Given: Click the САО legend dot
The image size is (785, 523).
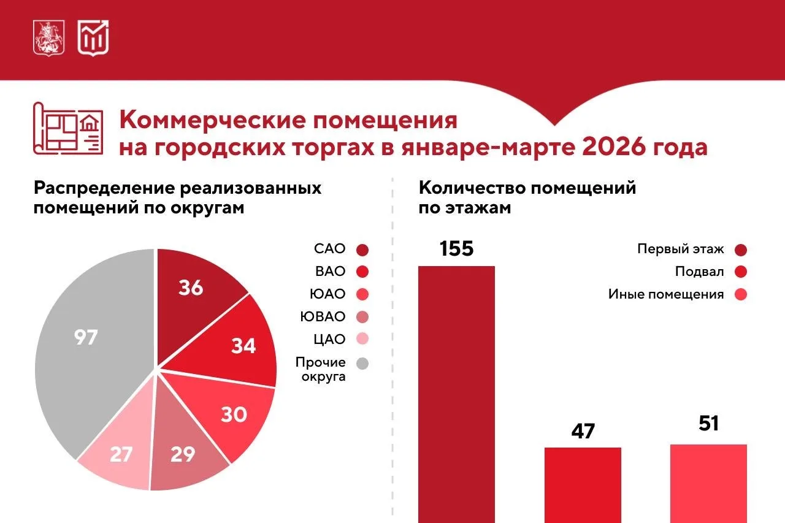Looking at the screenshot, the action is coord(362,250).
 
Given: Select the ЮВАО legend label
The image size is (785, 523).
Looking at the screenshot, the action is coord(323,316).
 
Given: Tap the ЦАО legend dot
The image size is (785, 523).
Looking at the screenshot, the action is coord(362,338).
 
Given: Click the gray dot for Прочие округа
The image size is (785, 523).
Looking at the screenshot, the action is coord(362,363).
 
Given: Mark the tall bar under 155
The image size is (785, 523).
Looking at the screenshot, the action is coord(457,394).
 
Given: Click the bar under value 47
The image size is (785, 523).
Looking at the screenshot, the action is coord(583,485).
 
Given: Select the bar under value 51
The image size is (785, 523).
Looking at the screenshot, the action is coord(708,484).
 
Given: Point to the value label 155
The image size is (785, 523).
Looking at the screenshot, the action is coord(457,249).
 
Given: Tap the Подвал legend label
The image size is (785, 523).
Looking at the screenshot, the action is coord(700,272).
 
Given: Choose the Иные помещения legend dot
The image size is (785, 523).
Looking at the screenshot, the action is coord(741,294).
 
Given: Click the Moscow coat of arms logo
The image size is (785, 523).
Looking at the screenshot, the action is coord(48,38).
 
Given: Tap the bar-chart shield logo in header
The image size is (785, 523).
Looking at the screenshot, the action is coord(93,38).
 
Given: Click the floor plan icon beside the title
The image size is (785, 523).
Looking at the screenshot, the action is coord(68,129).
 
